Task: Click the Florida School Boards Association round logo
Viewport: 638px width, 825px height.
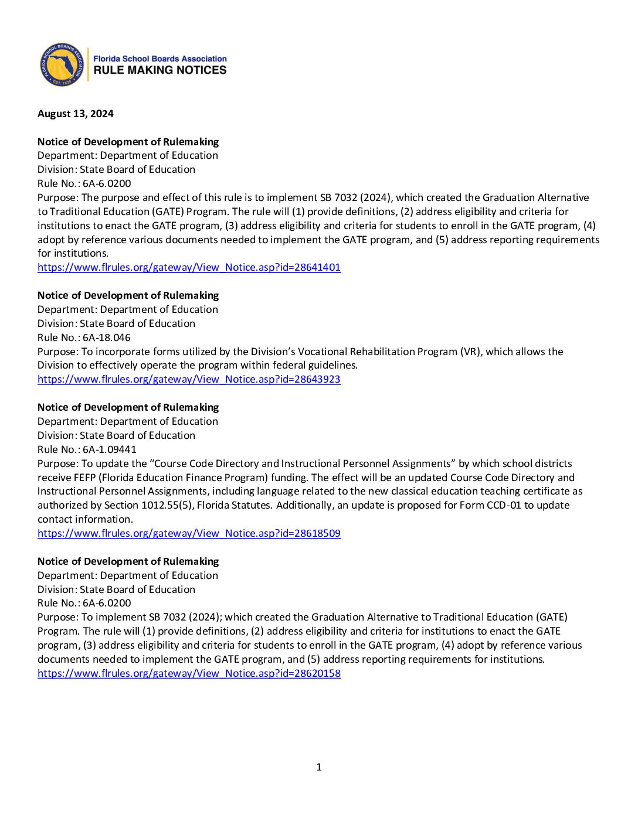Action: (x=62, y=65)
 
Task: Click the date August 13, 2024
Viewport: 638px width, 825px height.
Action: (x=76, y=114)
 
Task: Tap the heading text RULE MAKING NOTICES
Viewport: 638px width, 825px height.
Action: (x=160, y=70)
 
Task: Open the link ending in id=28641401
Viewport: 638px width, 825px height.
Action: (x=189, y=267)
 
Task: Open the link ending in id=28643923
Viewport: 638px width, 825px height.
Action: (x=189, y=379)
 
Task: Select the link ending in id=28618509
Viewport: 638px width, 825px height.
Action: (x=189, y=533)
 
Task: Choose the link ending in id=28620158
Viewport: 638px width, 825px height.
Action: (x=189, y=673)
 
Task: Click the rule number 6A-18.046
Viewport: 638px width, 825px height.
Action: (x=107, y=337)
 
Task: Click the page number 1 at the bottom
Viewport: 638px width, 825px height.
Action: (x=319, y=767)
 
